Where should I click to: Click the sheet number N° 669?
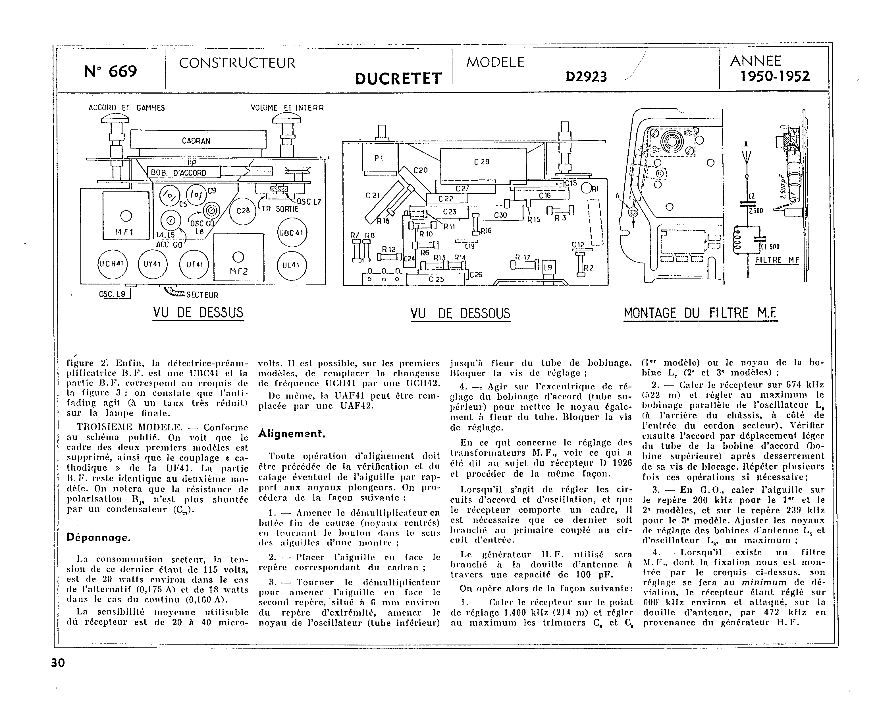tap(110, 72)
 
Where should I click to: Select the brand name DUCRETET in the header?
tap(398, 79)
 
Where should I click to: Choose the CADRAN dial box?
tap(198, 140)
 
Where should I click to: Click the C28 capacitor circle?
tap(243, 210)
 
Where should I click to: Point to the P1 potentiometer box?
tap(379, 158)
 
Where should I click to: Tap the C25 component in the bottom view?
tap(436, 279)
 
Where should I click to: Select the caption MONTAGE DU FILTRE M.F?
tap(700, 314)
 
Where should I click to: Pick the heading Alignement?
tap(292, 434)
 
